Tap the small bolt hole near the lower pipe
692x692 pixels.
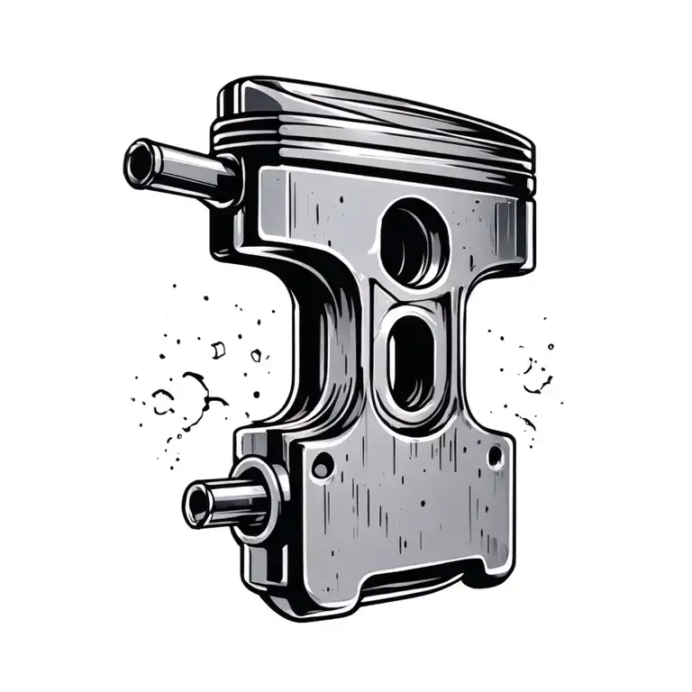pyautogui.click(x=320, y=465)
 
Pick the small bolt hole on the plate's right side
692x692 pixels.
pyautogui.click(x=494, y=459)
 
